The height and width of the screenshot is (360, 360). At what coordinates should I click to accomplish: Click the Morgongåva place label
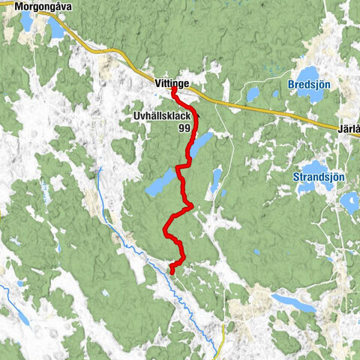pyautogui.click(x=34, y=7)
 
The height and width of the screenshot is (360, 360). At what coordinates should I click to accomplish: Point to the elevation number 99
pyautogui.click(x=184, y=128)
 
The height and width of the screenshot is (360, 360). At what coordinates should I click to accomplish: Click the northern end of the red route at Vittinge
pyautogui.click(x=174, y=89)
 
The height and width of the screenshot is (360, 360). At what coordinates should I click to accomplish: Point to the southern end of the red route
pyautogui.click(x=171, y=271)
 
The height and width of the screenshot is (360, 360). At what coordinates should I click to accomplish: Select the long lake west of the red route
pyautogui.click(x=160, y=183)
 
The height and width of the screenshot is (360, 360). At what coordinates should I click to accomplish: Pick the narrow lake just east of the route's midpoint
pyautogui.click(x=216, y=180)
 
